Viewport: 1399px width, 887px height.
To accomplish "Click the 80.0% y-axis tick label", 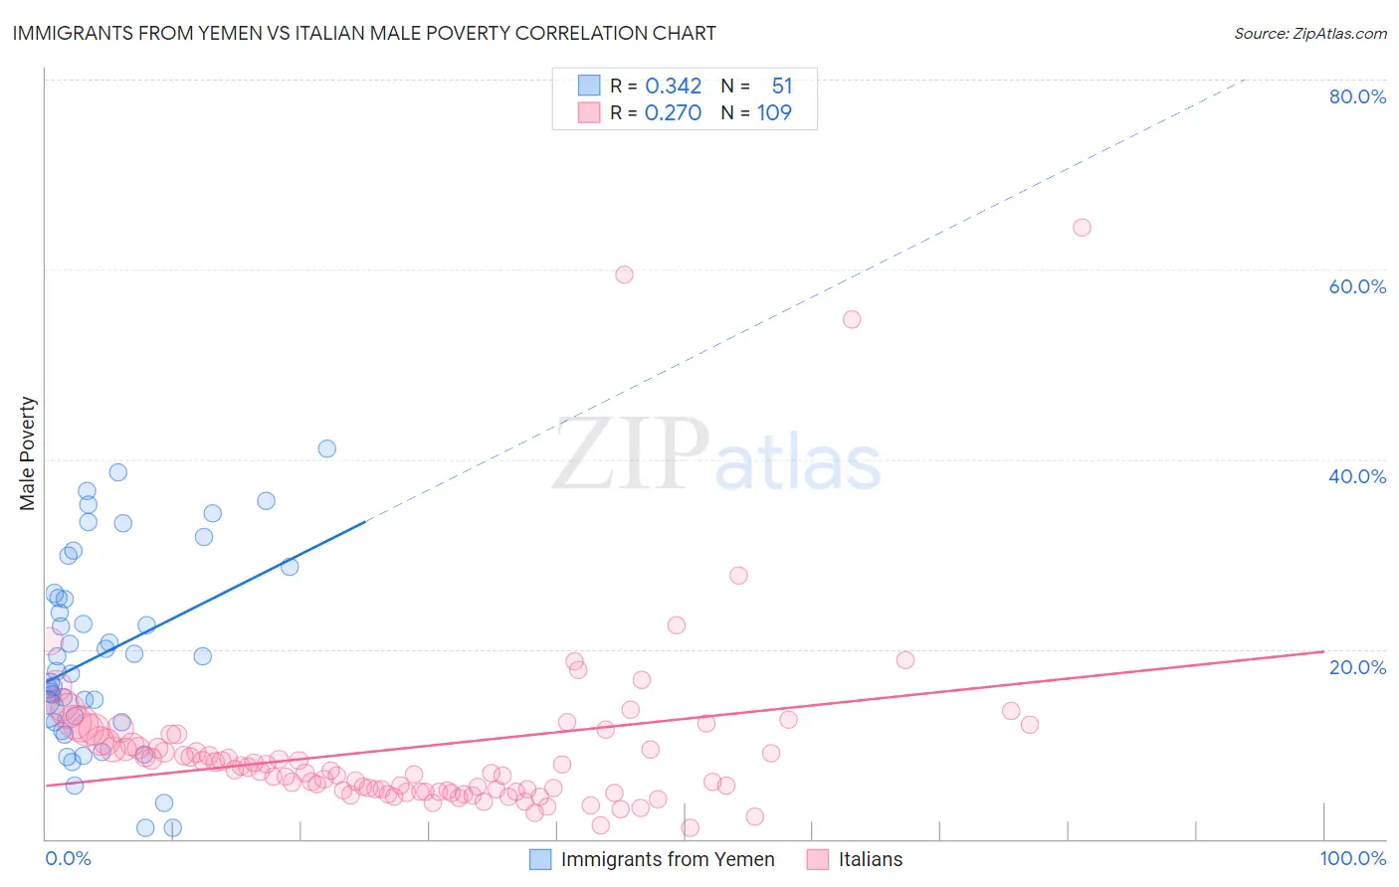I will click(1357, 96).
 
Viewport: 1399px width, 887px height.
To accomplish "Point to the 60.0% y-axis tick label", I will click(1357, 286).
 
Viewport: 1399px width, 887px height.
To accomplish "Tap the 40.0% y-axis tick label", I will click(1357, 476).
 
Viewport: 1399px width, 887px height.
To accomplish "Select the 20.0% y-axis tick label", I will click(1357, 666).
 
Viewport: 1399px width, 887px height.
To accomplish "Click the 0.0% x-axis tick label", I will click(68, 858).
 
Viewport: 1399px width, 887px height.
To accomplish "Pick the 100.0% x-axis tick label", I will click(1352, 858).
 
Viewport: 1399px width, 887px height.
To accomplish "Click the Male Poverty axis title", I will click(27, 453).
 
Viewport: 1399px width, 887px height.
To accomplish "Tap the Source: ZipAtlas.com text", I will click(1309, 34).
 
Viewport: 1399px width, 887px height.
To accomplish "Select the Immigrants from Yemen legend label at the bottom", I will click(667, 859).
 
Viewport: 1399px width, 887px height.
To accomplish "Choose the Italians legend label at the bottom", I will click(870, 859).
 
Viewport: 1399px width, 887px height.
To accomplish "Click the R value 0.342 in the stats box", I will click(673, 87).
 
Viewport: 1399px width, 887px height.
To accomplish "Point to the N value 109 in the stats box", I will click(774, 113).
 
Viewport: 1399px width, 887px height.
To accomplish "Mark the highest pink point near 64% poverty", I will click(1082, 228).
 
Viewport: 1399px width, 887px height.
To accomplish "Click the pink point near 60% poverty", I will click(624, 274).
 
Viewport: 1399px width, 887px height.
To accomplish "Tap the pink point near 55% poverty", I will click(852, 319).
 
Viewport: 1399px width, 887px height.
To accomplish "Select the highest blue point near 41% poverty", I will click(326, 448).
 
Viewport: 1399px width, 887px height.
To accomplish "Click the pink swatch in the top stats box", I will click(589, 113).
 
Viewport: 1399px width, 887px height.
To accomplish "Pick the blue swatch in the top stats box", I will click(589, 87).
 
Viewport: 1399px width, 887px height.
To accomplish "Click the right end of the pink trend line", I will click(1323, 651).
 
